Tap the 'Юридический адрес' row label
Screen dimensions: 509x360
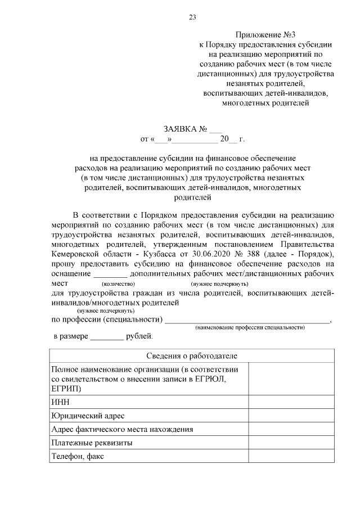(87, 416)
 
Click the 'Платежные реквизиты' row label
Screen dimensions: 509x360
(92, 443)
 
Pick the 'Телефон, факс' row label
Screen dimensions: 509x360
(77, 456)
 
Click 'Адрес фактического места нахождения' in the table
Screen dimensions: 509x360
(122, 429)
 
